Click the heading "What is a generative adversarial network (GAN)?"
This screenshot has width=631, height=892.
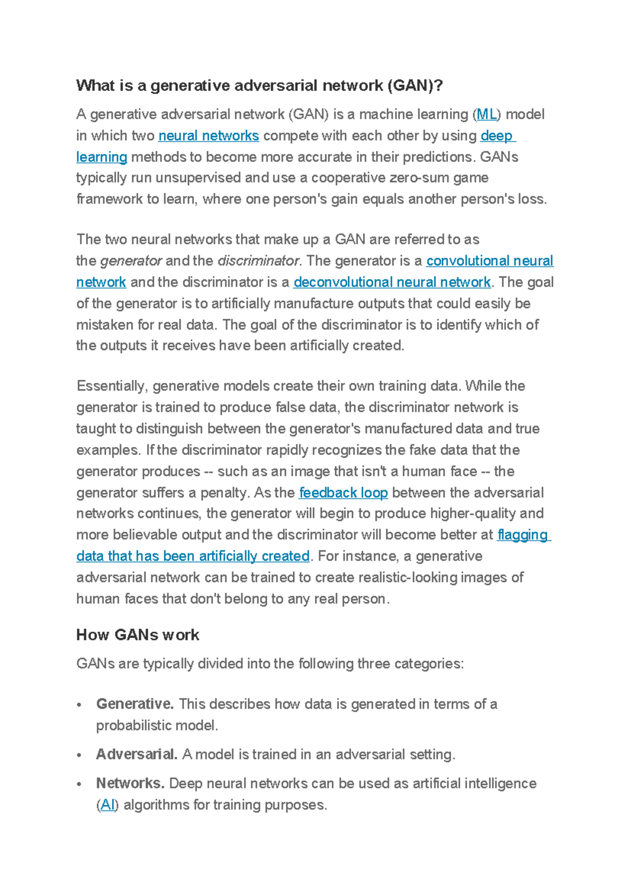(x=259, y=86)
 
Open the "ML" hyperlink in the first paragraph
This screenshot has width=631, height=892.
(x=486, y=115)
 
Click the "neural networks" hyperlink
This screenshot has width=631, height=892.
(x=208, y=136)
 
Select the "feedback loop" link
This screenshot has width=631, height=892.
(x=343, y=493)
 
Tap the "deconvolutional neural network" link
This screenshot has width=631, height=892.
(x=392, y=282)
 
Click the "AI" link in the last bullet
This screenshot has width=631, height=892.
(x=108, y=805)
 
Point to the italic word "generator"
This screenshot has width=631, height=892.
(x=131, y=261)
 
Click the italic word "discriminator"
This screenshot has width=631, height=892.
(x=258, y=261)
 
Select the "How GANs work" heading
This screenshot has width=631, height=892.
(x=138, y=635)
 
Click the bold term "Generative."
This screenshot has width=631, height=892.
(x=135, y=704)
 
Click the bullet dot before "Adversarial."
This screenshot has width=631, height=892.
(x=79, y=756)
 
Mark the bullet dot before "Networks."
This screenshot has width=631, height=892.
(x=79, y=785)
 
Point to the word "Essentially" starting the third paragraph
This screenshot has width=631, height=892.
(x=111, y=386)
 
